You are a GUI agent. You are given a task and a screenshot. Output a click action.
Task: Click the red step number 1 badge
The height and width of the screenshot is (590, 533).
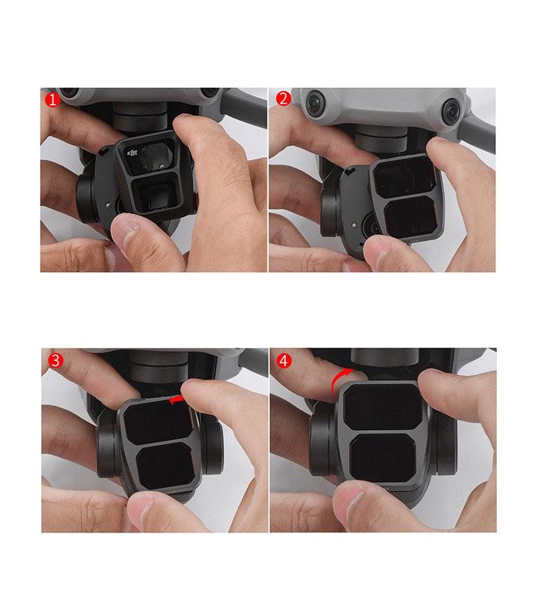[x=51, y=100]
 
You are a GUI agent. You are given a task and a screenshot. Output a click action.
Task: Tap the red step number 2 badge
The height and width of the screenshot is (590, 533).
[x=284, y=98]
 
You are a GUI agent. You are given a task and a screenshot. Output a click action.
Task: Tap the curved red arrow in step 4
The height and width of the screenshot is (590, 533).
[x=340, y=382]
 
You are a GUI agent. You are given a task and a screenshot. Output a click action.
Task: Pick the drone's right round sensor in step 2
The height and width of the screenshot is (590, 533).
[x=450, y=110]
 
